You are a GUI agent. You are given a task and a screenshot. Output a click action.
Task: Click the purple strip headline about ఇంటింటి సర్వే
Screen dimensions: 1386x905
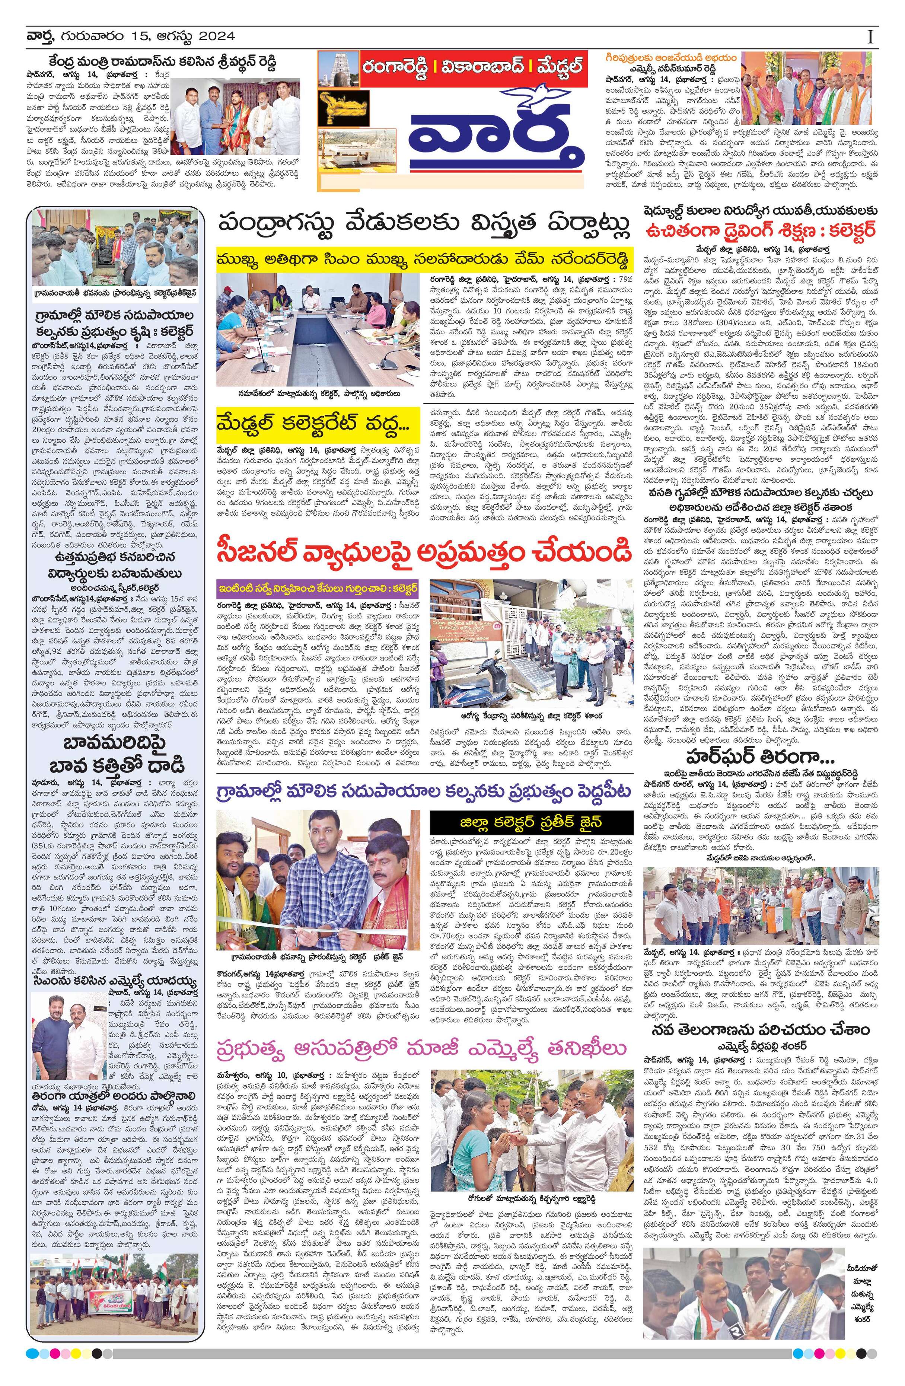pyautogui.click(x=318, y=587)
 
